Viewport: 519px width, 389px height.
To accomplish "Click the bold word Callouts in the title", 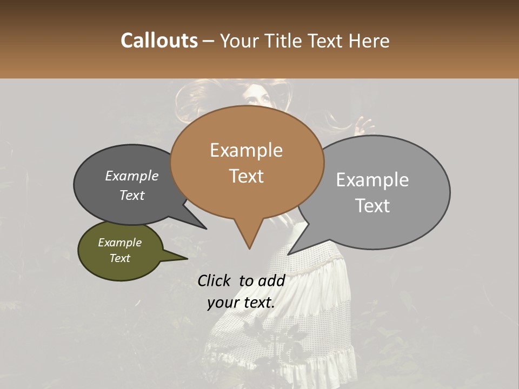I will coord(159,41).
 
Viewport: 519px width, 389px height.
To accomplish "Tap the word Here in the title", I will coord(368,41).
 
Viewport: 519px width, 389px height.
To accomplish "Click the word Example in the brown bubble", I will coord(246,150).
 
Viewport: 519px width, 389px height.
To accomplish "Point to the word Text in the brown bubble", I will coord(247,176).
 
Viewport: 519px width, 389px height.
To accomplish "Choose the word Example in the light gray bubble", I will coord(372,180).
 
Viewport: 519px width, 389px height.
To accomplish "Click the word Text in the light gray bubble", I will coord(373,206).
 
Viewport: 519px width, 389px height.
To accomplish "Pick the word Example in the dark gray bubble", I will coord(131,176).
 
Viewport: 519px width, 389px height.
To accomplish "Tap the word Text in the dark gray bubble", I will coord(132,195).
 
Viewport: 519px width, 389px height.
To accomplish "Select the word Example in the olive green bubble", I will coord(119,243).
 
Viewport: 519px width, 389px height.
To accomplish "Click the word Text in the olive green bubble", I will coord(120,258).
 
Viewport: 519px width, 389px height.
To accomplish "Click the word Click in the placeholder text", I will coord(215,280).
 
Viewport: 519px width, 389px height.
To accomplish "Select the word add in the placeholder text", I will coord(271,280).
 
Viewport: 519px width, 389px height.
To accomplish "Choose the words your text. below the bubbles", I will coord(241,303).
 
